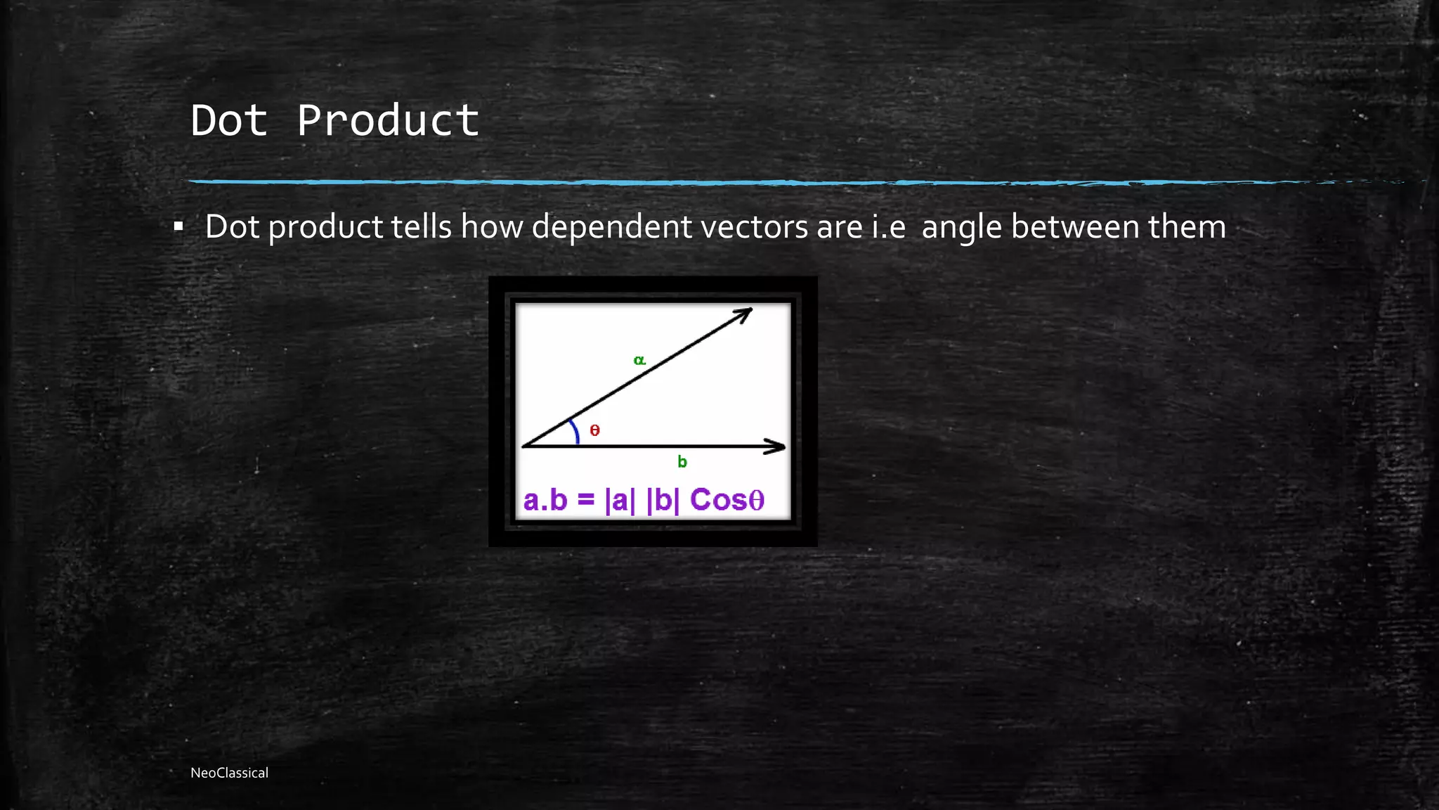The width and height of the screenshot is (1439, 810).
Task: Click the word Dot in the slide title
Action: pyautogui.click(x=229, y=121)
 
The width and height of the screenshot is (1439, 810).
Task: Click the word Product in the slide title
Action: pyautogui.click(x=388, y=121)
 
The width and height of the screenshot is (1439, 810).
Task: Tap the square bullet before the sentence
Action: pyautogui.click(x=178, y=227)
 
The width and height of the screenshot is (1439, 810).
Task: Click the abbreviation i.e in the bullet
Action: pyautogui.click(x=888, y=227)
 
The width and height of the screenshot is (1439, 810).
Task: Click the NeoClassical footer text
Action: pyautogui.click(x=229, y=773)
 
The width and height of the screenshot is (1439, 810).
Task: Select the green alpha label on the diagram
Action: pyautogui.click(x=639, y=360)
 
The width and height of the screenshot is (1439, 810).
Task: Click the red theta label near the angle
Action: pyautogui.click(x=595, y=430)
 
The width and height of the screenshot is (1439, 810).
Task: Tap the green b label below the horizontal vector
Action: pyautogui.click(x=682, y=462)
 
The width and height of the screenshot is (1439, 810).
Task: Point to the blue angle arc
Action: pyautogui.click(x=575, y=430)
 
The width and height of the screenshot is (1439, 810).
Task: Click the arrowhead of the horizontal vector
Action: pyautogui.click(x=777, y=446)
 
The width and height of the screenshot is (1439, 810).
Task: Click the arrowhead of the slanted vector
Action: pyautogui.click(x=745, y=314)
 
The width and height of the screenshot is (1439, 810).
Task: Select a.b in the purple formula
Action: pyautogui.click(x=545, y=500)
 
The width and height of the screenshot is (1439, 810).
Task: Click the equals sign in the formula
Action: pyautogui.click(x=586, y=500)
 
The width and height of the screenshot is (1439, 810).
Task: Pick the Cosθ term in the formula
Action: pyautogui.click(x=727, y=500)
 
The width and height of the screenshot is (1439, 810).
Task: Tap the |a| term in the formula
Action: pyautogui.click(x=619, y=500)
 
